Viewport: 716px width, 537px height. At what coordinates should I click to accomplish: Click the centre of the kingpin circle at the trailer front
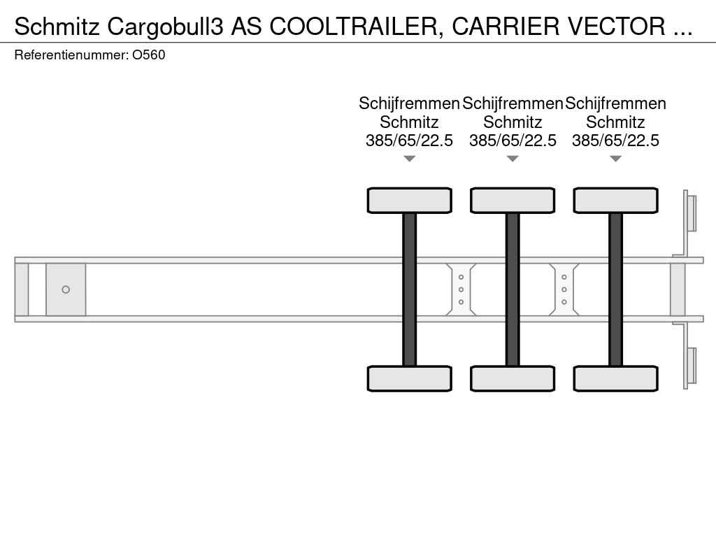(x=66, y=289)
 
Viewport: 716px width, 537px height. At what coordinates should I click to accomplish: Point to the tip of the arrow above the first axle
(x=410, y=162)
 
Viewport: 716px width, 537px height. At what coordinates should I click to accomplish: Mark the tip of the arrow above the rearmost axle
(x=615, y=162)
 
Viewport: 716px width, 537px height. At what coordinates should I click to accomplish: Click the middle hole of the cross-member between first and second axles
(x=461, y=289)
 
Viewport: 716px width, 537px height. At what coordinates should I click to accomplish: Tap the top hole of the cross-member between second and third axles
(x=564, y=277)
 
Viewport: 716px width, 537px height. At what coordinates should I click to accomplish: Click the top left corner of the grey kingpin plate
(x=46, y=264)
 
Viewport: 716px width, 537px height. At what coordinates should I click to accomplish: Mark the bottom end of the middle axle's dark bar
(x=513, y=366)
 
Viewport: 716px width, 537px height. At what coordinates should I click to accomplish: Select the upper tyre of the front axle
(x=410, y=200)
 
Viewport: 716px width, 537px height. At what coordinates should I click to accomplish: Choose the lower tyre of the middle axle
(x=513, y=378)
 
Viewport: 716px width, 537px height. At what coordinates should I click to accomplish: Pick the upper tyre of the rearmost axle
(x=615, y=200)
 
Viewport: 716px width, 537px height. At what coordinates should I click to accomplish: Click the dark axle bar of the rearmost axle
(x=615, y=289)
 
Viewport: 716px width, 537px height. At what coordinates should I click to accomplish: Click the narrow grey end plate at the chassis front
(x=22, y=289)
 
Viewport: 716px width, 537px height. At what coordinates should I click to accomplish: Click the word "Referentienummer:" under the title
(x=71, y=55)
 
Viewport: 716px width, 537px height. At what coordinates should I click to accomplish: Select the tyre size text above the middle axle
(x=513, y=140)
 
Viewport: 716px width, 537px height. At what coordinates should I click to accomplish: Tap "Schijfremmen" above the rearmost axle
(x=615, y=103)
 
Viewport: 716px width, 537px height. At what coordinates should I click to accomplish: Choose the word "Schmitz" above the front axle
(x=409, y=122)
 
